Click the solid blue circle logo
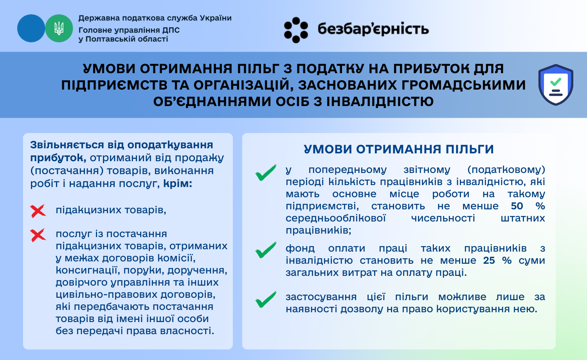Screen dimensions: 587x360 [31, 28]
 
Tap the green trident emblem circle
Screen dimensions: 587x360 [59, 28]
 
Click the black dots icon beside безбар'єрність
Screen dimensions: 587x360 [296, 30]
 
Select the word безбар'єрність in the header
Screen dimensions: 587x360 [373, 29]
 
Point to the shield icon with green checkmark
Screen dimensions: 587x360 [556, 85]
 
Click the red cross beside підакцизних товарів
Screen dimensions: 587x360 [38, 211]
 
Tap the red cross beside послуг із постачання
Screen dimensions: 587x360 [38, 235]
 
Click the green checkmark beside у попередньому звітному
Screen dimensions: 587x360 [266, 173]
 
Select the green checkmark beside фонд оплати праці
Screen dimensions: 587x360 [266, 250]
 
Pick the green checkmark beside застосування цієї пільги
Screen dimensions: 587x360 [266, 299]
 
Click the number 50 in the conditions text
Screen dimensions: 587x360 [517, 206]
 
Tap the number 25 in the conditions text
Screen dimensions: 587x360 [489, 261]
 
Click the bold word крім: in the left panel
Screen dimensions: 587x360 [178, 184]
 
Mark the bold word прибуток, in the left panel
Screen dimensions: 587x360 [58, 158]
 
